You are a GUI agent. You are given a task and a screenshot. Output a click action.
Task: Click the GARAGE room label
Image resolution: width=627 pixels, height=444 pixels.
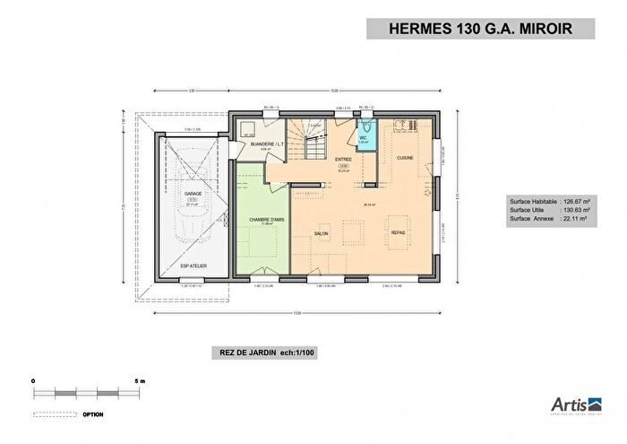(193, 193)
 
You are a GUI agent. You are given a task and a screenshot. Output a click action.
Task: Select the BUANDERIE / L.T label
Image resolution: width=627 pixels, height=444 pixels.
(253, 144)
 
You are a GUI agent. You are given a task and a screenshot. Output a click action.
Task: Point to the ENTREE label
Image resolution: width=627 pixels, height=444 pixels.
(342, 160)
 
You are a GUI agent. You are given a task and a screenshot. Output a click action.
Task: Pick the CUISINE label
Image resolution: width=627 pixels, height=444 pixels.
(405, 158)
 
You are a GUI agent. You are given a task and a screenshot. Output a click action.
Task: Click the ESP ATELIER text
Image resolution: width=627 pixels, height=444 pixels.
(192, 266)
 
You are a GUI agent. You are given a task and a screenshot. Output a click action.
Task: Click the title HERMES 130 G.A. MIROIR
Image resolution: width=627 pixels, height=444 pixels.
(480, 28)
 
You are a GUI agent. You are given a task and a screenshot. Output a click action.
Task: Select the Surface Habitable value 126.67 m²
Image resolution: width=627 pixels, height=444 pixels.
(572, 202)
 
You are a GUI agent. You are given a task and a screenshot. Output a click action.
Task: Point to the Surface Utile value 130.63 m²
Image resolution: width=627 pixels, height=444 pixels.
(572, 211)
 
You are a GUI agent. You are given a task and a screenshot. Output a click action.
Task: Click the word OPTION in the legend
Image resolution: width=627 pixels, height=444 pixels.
(93, 414)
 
